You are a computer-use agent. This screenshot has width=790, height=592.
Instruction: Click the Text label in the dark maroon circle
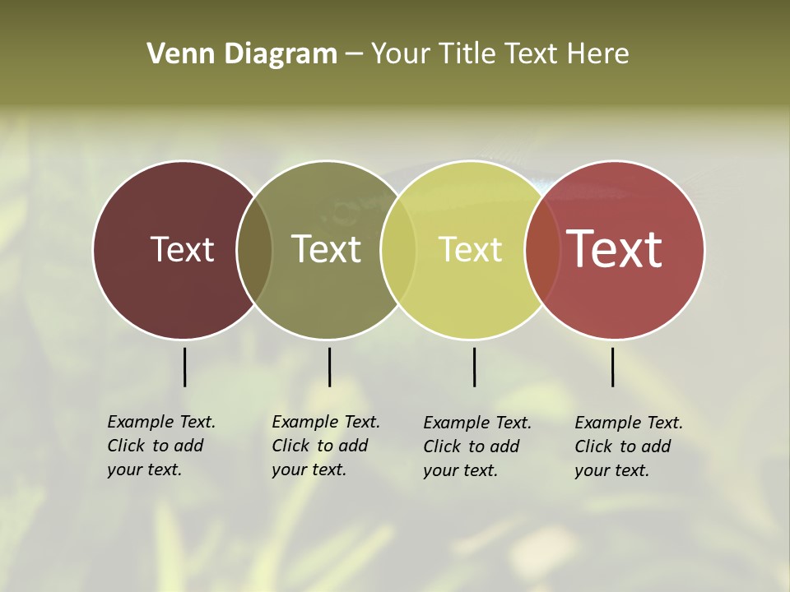pyautogui.click(x=182, y=249)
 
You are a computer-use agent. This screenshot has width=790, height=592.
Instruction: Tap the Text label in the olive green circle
pyautogui.click(x=326, y=249)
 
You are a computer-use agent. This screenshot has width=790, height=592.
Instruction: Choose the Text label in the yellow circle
pyautogui.click(x=470, y=249)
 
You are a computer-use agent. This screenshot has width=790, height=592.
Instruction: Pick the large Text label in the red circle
pyautogui.click(x=614, y=248)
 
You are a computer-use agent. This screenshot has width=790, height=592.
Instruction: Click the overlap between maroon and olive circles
pyautogui.click(x=254, y=250)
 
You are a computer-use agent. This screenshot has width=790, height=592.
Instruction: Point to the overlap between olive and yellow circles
pyautogui.click(x=398, y=250)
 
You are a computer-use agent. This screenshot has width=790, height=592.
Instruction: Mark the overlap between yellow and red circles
pyautogui.click(x=542, y=250)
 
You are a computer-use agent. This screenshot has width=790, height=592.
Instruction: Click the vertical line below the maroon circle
pyautogui.click(x=184, y=367)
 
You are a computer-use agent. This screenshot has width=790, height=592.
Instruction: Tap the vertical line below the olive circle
pyautogui.click(x=329, y=367)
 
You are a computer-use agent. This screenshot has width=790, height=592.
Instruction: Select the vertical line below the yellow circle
pyautogui.click(x=474, y=367)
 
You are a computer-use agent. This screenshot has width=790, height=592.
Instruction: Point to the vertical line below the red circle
pyautogui.click(x=612, y=367)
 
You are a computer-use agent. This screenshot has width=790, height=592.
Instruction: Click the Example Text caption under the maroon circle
pyautogui.click(x=161, y=446)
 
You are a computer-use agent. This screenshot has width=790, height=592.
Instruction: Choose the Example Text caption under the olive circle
pyautogui.click(x=326, y=446)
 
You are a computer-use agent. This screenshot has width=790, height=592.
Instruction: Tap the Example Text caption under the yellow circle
pyautogui.click(x=477, y=446)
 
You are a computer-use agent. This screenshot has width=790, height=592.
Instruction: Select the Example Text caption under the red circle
pyautogui.click(x=629, y=446)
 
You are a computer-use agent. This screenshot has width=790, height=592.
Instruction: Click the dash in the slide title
pyautogui.click(x=354, y=55)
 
